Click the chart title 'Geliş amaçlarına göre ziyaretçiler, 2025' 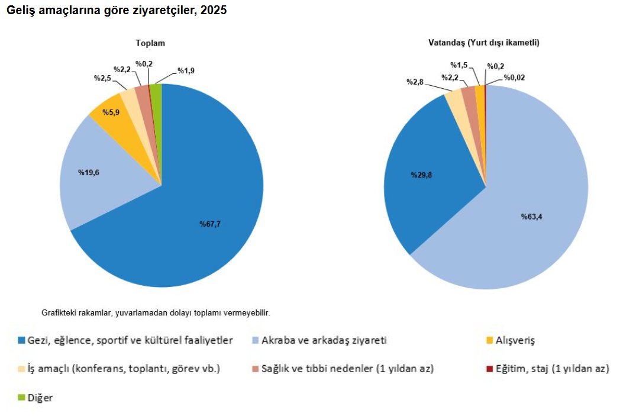pyautogui.click(x=116, y=11)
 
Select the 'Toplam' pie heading pyautogui.click(x=150, y=43)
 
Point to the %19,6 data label pyautogui.click(x=89, y=172)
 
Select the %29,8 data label pyautogui.click(x=425, y=175)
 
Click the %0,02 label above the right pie pyautogui.click(x=514, y=77)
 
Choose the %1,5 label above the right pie pyautogui.click(x=459, y=65)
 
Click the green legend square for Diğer pyautogui.click(x=22, y=397)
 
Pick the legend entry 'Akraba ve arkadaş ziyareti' pyautogui.click(x=324, y=340)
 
